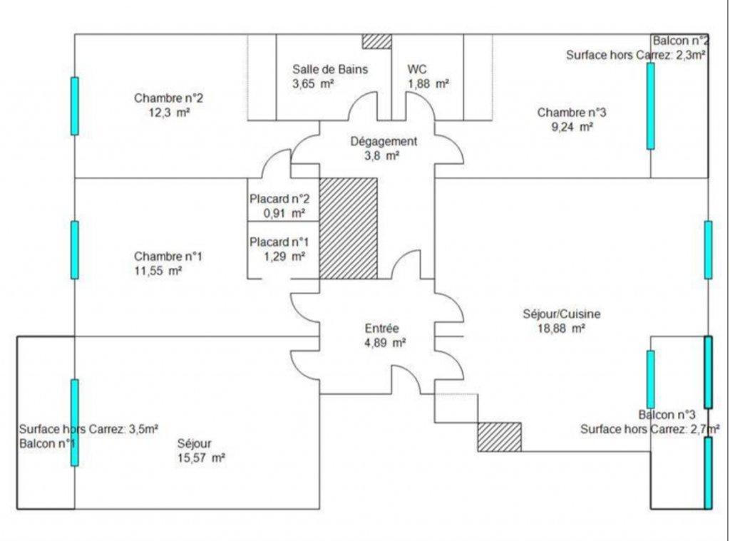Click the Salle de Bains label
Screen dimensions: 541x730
click(x=329, y=69)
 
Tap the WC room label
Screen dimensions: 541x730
click(x=417, y=69)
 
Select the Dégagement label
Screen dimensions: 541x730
click(x=384, y=141)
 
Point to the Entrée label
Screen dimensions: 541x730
click(x=382, y=329)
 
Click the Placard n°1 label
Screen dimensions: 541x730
click(x=279, y=242)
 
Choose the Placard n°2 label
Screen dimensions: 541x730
click(x=279, y=199)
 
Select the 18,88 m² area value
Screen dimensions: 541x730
click(x=562, y=328)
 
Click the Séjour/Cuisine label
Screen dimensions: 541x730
click(x=562, y=314)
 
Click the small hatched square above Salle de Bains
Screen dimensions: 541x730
click(x=376, y=41)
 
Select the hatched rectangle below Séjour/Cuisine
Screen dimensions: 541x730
click(x=499, y=436)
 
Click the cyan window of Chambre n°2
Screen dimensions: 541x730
click(x=74, y=106)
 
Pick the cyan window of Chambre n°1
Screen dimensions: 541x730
click(x=74, y=249)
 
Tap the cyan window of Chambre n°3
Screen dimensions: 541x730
click(x=650, y=105)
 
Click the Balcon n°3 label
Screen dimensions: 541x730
click(x=667, y=415)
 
